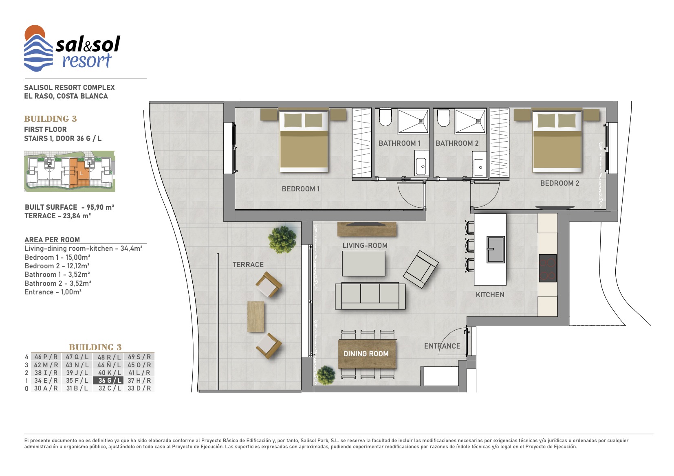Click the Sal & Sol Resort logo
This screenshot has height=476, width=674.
pyautogui.click(x=72, y=48)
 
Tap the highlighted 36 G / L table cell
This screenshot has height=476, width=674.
pyautogui.click(x=108, y=380)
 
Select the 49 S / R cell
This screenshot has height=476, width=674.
pyautogui.click(x=139, y=357)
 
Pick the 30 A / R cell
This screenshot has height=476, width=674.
pyautogui.click(x=46, y=388)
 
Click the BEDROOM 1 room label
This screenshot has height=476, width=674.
pyautogui.click(x=301, y=189)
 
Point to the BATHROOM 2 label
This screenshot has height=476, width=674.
pyautogui.click(x=457, y=143)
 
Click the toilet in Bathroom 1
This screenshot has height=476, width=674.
pyautogui.click(x=385, y=117)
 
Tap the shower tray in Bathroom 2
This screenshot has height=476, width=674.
pyautogui.click(x=470, y=121)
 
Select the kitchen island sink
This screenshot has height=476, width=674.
pyautogui.click(x=496, y=250)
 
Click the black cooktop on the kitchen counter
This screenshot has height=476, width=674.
pyautogui.click(x=548, y=268)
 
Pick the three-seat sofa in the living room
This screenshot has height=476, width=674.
pyautogui.click(x=370, y=296)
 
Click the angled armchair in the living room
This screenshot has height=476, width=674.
pyautogui.click(x=421, y=270)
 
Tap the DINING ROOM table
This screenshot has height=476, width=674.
pyautogui.click(x=367, y=354)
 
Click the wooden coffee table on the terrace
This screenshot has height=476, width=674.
pyautogui.click(x=256, y=317)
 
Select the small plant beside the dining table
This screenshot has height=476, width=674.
pyautogui.click(x=326, y=375)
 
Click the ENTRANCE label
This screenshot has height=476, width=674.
pyautogui.click(x=442, y=346)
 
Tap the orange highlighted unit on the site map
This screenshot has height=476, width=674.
pyautogui.click(x=79, y=173)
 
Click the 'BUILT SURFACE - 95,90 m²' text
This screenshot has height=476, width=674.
pyautogui.click(x=70, y=207)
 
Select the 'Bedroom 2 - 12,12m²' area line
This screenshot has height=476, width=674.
pyautogui.click(x=57, y=266)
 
